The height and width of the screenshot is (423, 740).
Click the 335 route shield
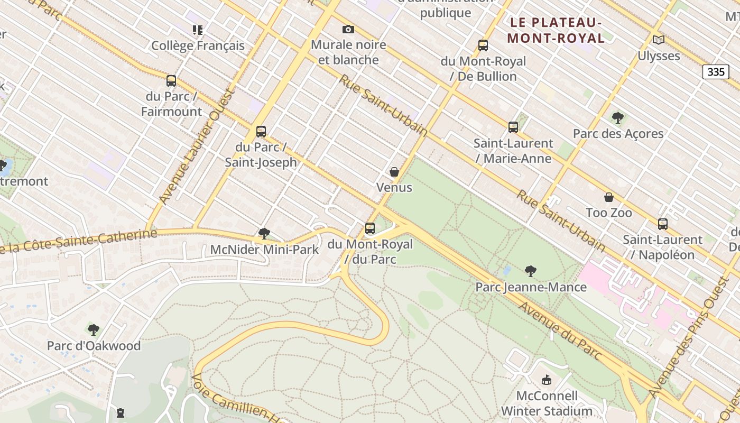716,71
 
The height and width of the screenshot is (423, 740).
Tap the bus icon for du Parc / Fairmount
171,81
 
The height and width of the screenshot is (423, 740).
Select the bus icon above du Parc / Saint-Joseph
261,132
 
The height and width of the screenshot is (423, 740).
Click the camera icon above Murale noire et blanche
348,30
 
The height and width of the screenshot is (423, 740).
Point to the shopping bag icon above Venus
394,172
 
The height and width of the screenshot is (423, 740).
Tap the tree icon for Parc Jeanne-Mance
531,272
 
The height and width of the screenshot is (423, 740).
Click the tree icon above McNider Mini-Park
264,234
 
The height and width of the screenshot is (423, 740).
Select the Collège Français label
198,45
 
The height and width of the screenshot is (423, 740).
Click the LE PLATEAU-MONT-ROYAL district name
556,30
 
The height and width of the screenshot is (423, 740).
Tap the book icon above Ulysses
659,40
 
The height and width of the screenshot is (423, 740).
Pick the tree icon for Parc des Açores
618,118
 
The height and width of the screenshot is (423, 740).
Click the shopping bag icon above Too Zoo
609,197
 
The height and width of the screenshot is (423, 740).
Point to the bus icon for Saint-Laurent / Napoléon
663,224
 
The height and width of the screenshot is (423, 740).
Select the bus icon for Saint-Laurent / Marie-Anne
513,127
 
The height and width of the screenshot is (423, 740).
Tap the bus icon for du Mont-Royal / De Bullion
483,45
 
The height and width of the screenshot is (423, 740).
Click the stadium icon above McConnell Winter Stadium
547,380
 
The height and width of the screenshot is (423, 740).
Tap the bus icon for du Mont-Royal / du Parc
370,229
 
